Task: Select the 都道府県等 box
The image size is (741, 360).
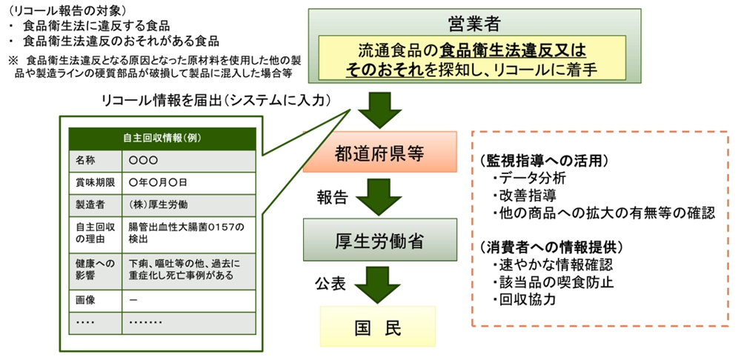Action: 379,155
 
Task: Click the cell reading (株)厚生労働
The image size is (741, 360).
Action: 158,204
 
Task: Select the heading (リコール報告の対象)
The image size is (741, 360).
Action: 67,9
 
